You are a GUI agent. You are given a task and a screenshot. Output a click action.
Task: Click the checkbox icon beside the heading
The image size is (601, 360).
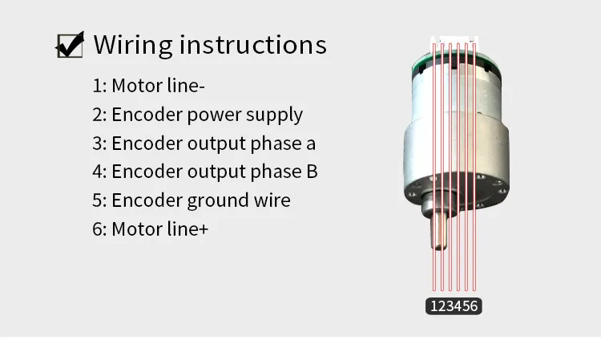pos(70,45)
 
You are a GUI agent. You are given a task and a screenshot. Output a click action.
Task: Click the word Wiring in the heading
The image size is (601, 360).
pos(131,45)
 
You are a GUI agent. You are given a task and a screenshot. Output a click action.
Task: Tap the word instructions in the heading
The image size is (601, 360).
pos(252,45)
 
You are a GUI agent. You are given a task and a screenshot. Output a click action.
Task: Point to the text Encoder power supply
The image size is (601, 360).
pos(197,115)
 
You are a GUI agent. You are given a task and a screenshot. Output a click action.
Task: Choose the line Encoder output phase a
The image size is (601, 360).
pos(204,144)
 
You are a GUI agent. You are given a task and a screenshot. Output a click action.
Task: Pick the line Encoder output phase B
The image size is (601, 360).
pos(204,172)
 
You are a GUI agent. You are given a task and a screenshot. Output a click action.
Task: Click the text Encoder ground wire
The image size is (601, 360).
pos(191,200)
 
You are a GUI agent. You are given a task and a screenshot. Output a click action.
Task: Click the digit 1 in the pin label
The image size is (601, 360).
pos(434,306)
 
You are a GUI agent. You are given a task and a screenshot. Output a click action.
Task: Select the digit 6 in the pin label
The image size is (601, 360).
pos(474,306)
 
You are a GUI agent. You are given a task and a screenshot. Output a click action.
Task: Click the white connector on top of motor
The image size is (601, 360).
pos(454,39)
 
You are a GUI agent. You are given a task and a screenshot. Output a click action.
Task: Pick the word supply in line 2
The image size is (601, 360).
pos(276,115)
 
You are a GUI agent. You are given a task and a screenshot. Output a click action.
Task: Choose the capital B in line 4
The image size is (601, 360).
pos(312,172)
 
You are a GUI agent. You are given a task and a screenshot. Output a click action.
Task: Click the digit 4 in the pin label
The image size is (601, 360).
pos(458,306)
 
